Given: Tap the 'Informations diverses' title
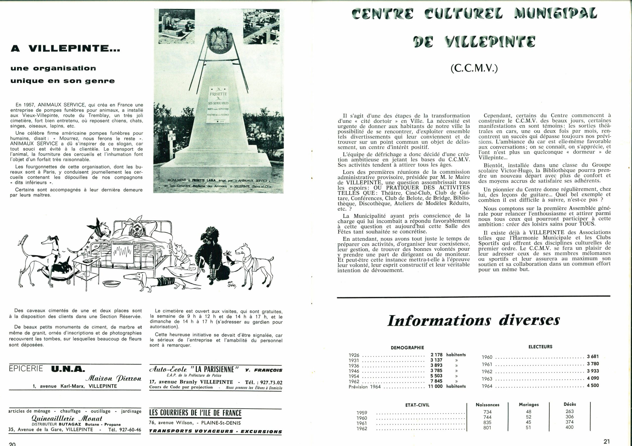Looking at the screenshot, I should [x=474, y=321].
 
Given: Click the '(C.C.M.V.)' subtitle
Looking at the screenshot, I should [x=474, y=68].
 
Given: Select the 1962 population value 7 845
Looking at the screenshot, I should [x=436, y=381].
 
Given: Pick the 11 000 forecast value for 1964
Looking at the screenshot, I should [x=435, y=386].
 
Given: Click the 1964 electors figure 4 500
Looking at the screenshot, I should [x=593, y=386].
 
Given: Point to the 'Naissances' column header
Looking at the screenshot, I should [x=487, y=405].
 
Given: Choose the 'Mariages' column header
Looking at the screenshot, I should [x=529, y=405].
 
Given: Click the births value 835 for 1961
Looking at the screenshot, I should [x=487, y=422].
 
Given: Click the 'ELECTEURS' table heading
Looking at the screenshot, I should [x=540, y=347].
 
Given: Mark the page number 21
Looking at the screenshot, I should [x=607, y=441].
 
